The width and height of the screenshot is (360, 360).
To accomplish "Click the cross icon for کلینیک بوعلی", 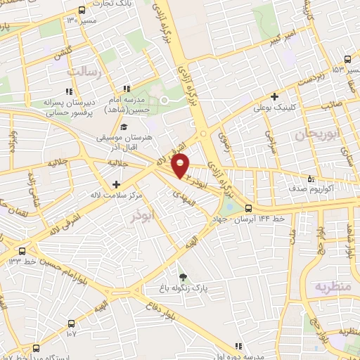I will pos(275,97).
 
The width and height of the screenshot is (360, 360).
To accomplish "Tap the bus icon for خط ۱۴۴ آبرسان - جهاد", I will pos(247,208).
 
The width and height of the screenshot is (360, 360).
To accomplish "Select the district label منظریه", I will pos(331,287).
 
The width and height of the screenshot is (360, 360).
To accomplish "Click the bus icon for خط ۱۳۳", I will pos(22,250).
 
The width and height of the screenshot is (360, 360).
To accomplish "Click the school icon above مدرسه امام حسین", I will pos(127,89).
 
